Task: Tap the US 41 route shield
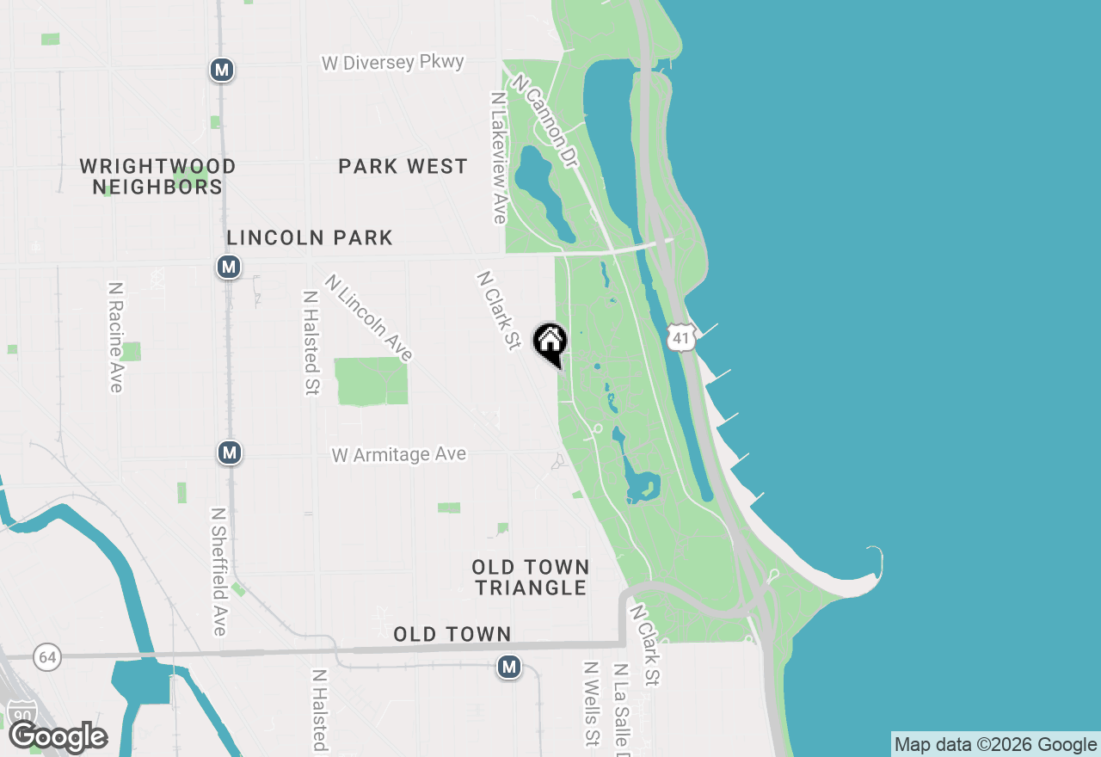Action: [x=681, y=337]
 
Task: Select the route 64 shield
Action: [x=47, y=658]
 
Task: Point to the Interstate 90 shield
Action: [x=23, y=713]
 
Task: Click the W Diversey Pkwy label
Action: [x=393, y=63]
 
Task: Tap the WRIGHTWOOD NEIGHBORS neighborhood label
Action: [x=157, y=176]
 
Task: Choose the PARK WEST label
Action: [x=403, y=166]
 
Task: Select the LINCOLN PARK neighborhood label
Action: [x=310, y=237]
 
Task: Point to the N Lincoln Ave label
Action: [x=369, y=317]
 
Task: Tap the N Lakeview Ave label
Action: [x=498, y=158]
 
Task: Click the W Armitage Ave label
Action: [x=399, y=454]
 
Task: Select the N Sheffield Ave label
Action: [x=219, y=571]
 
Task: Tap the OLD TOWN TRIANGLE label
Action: [x=531, y=577]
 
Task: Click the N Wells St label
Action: [x=591, y=703]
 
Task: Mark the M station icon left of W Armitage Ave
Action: [x=229, y=452]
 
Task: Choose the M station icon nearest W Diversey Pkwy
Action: [x=222, y=70]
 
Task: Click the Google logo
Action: [x=58, y=736]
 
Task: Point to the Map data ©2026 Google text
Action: [x=995, y=745]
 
